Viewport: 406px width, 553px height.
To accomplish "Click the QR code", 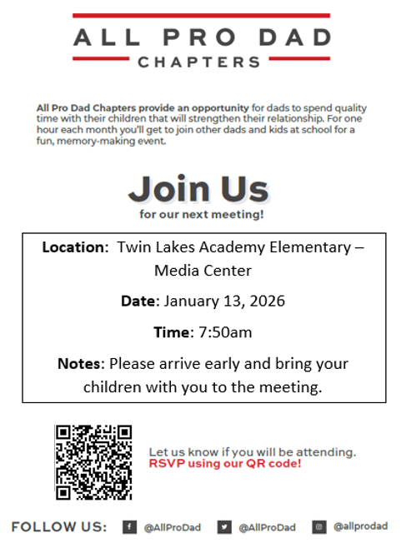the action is (93, 462).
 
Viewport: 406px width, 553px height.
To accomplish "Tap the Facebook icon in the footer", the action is (130, 527).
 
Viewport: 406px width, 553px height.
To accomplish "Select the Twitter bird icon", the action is (224, 527).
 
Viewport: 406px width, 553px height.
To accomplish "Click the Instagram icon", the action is (319, 527).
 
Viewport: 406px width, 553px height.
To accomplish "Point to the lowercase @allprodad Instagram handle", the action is (360, 527).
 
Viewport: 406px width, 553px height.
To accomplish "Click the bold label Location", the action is (74, 247).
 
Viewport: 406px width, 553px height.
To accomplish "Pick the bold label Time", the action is (173, 332).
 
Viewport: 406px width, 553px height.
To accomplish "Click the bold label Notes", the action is (80, 364).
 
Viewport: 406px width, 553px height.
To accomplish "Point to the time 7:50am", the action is (225, 332).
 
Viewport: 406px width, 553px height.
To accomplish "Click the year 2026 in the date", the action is (267, 301).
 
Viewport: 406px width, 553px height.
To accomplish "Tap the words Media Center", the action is (203, 271).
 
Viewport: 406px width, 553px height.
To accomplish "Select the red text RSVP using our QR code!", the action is (225, 463).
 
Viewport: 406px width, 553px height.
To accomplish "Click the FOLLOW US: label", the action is (59, 527).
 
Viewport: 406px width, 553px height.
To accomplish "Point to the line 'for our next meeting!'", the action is (202, 215).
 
